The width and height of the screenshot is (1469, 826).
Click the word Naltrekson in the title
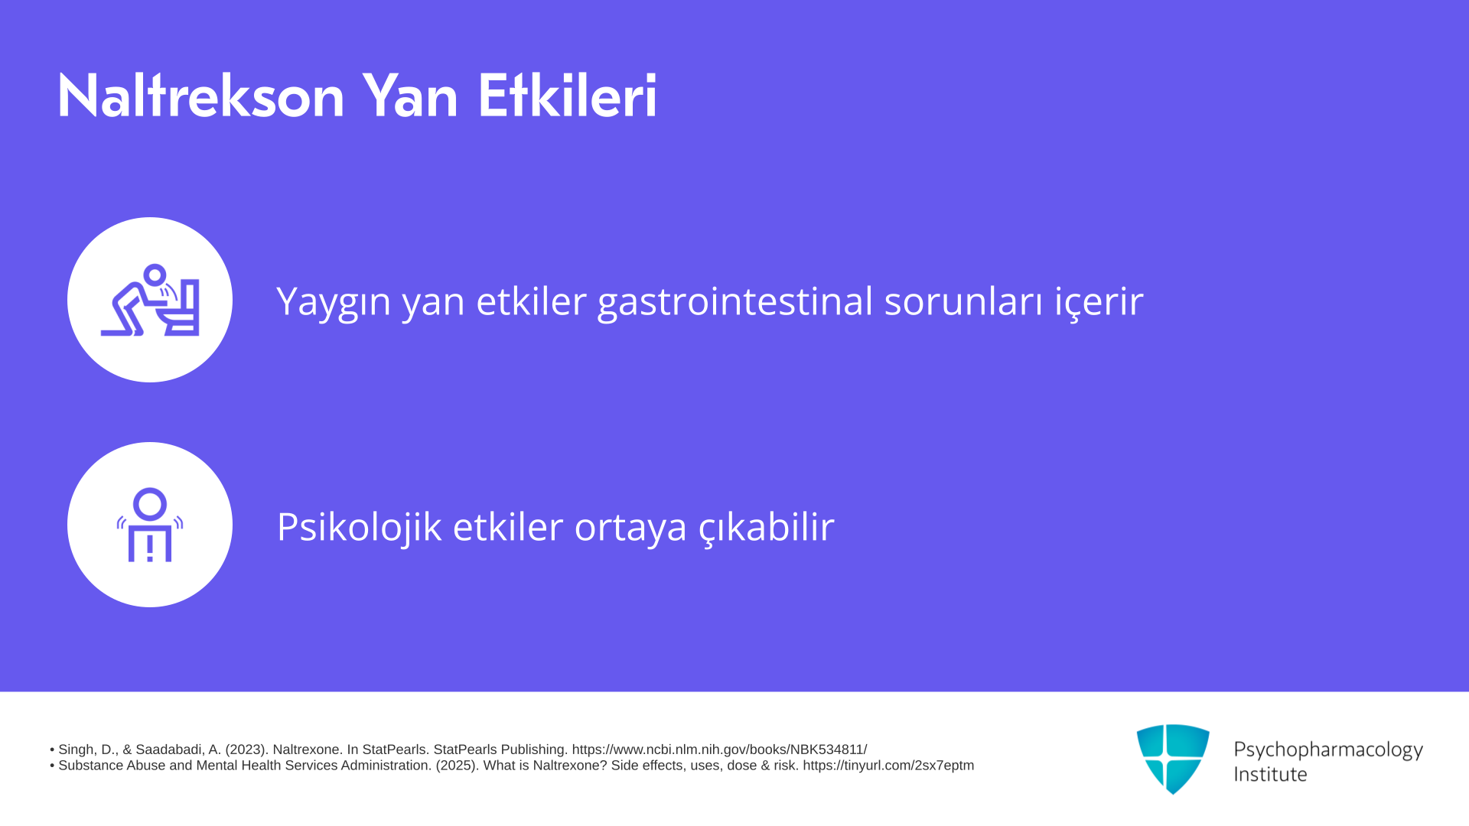pos(201,96)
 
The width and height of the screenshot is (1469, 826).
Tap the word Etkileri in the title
pos(567,96)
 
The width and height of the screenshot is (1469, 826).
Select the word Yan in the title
pos(410,96)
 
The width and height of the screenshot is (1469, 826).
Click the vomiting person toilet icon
pos(150,300)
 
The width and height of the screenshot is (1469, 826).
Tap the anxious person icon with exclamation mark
pos(150,525)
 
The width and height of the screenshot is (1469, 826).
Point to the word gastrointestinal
pos(734,301)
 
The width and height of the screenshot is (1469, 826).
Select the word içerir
pos(1099,301)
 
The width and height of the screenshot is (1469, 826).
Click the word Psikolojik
pos(359,527)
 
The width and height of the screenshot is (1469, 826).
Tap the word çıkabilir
pos(767,527)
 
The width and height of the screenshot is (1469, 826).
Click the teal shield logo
pos(1173,759)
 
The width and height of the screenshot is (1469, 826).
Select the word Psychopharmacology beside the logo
pos(1328,750)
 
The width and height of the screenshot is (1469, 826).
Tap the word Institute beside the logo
pos(1271,774)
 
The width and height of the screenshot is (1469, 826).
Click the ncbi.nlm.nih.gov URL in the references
pos(719,750)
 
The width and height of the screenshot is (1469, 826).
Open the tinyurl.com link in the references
pos(888,766)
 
